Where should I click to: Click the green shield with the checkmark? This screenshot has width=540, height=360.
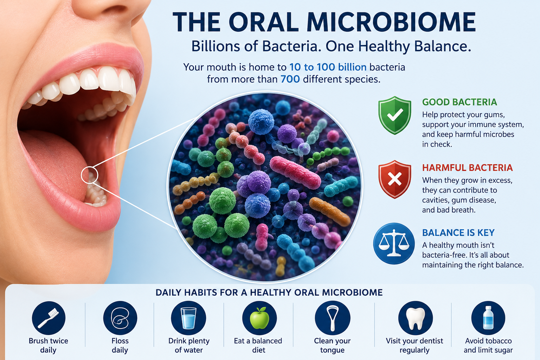[395, 115]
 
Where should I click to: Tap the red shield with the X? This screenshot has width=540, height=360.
[395, 179]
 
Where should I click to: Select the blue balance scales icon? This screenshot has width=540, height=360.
[394, 243]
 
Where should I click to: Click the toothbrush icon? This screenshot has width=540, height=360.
[49, 318]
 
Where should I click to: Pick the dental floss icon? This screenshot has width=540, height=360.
[120, 318]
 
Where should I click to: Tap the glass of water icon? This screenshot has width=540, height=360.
[188, 318]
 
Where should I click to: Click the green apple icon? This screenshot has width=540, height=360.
[259, 318]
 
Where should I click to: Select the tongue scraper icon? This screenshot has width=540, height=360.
[333, 318]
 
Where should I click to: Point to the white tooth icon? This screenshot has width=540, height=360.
[415, 318]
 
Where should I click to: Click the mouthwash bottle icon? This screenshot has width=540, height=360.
[488, 318]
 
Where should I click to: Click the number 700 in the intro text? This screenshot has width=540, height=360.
[290, 79]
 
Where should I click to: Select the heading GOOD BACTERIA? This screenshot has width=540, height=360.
[459, 102]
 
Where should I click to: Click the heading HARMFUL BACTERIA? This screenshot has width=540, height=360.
[468, 168]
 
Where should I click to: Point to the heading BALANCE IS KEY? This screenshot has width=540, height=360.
[458, 233]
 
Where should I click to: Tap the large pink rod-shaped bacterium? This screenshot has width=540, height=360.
[295, 172]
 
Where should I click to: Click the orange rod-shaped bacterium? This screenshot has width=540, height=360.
[329, 212]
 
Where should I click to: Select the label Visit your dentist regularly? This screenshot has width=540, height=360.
[414, 345]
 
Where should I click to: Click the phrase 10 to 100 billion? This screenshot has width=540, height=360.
[328, 67]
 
